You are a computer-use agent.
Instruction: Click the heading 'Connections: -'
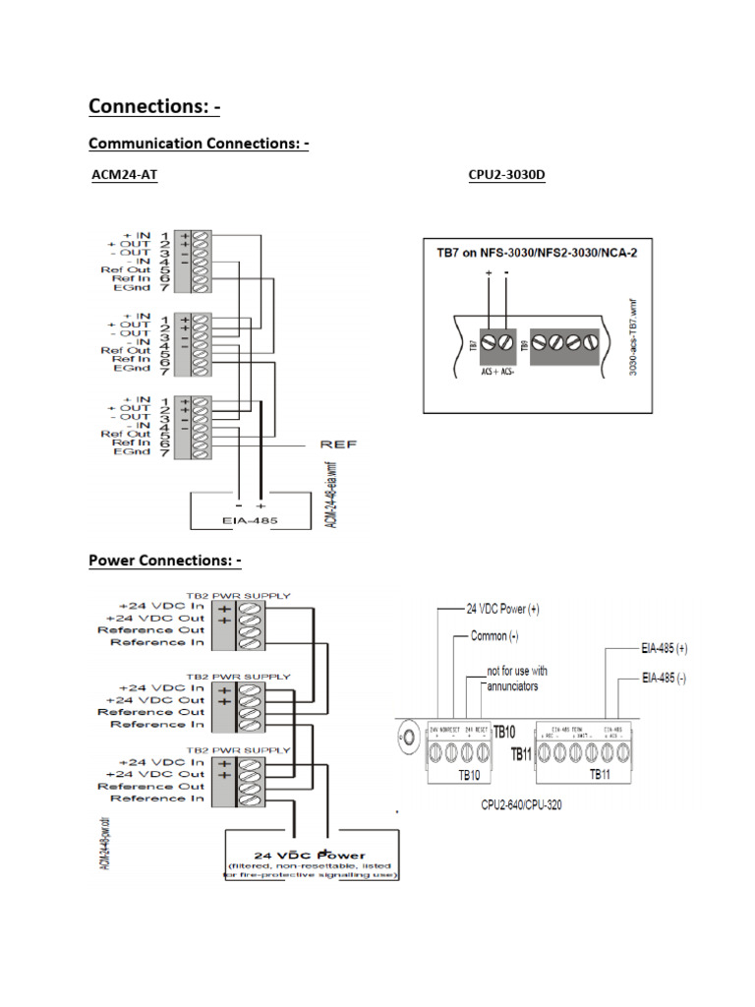click(x=154, y=105)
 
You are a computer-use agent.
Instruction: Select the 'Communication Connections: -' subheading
click(x=199, y=144)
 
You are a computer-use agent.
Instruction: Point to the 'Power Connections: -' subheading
click(x=164, y=561)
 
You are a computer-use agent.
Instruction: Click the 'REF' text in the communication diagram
click(x=339, y=444)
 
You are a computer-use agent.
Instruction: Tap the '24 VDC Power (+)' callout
click(x=502, y=609)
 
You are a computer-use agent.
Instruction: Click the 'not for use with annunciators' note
click(x=513, y=679)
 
